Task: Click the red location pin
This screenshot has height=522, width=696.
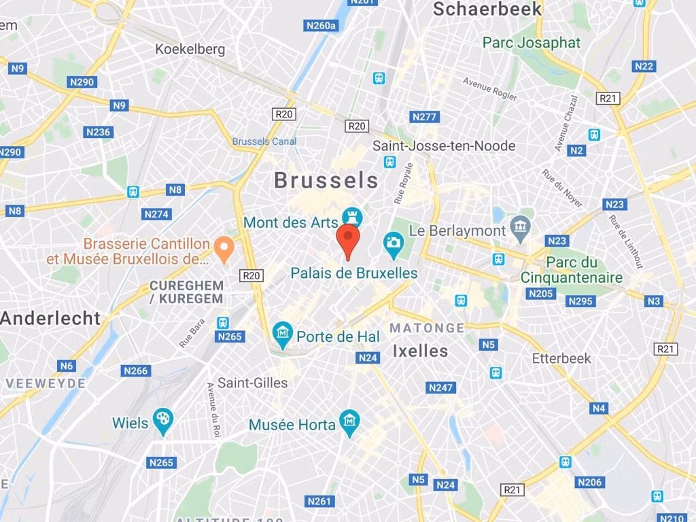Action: pyautogui.click(x=348, y=241)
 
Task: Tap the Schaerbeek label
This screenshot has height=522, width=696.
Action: pyautogui.click(x=487, y=9)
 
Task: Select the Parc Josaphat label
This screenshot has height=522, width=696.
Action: pyautogui.click(x=532, y=43)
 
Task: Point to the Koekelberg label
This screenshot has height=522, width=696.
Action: pyautogui.click(x=190, y=49)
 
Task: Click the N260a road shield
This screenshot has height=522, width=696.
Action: pyautogui.click(x=319, y=26)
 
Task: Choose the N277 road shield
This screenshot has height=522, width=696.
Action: pyautogui.click(x=424, y=117)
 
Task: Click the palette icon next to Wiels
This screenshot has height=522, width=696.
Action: pyautogui.click(x=162, y=423)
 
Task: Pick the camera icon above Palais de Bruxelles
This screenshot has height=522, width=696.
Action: pyautogui.click(x=393, y=243)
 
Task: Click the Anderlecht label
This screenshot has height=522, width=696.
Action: pyautogui.click(x=50, y=318)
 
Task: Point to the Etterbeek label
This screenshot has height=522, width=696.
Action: pyautogui.click(x=561, y=358)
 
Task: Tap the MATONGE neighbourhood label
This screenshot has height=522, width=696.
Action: pyautogui.click(x=427, y=328)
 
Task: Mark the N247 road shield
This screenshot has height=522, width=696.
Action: pyautogui.click(x=440, y=387)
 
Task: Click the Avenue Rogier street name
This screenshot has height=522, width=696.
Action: pyautogui.click(x=489, y=89)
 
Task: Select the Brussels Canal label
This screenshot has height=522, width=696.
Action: pyautogui.click(x=264, y=141)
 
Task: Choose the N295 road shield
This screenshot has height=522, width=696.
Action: pyautogui.click(x=580, y=301)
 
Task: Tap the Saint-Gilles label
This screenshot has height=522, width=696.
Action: pyautogui.click(x=252, y=383)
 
